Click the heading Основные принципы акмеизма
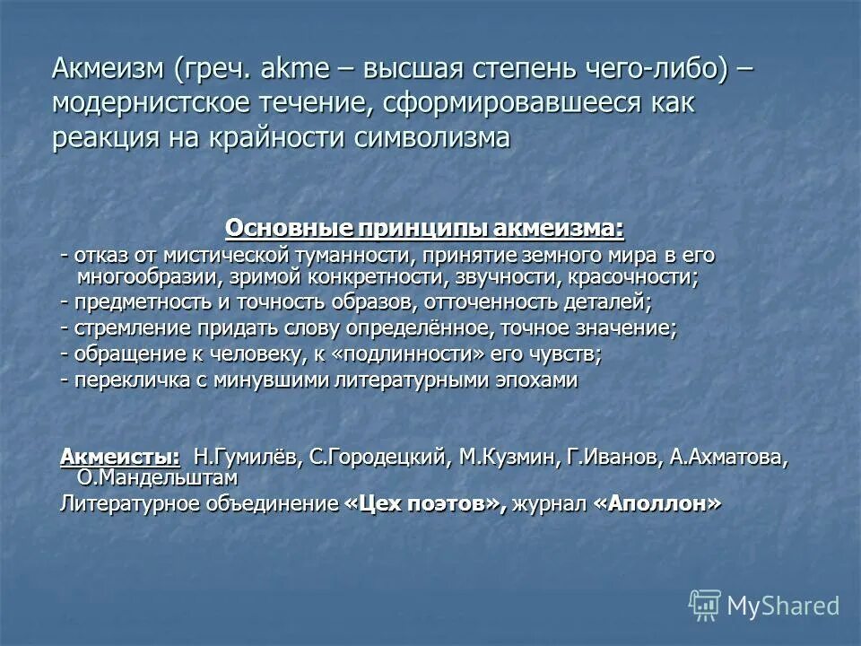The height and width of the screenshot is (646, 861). click(x=424, y=228)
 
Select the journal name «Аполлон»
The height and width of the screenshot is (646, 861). click(x=657, y=503)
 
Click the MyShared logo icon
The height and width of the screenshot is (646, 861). click(x=705, y=605)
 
